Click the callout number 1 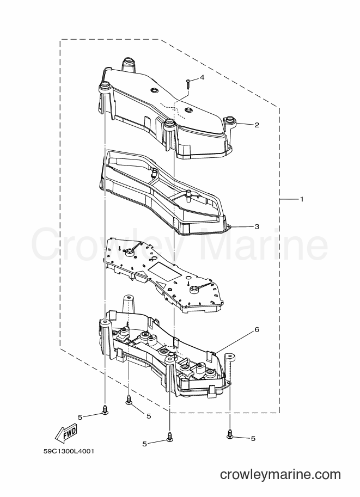pyautogui.click(x=302, y=199)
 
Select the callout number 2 pyautogui.click(x=257, y=125)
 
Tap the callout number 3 pyautogui.click(x=257, y=226)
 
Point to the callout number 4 pyautogui.click(x=202, y=78)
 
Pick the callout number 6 pyautogui.click(x=257, y=330)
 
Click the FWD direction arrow pyautogui.click(x=66, y=432)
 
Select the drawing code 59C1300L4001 pyautogui.click(x=69, y=451)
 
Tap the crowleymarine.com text pyautogui.click(x=280, y=475)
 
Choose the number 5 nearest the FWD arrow pyautogui.click(x=80, y=417)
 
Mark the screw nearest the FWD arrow pyautogui.click(x=105, y=409)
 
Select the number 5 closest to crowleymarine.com pyautogui.click(x=253, y=439)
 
